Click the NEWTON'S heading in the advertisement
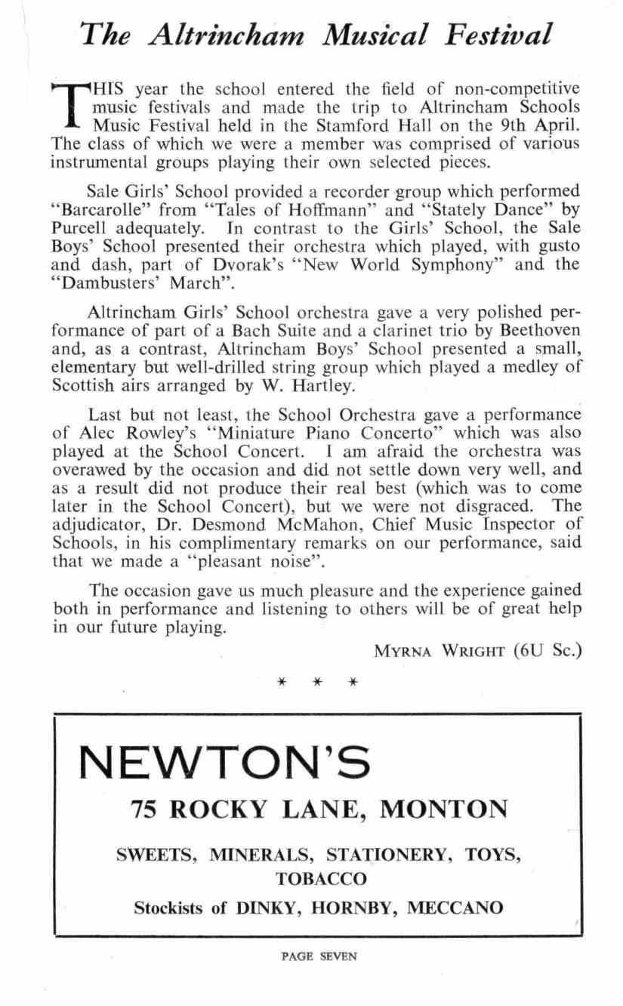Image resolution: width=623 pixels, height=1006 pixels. (x=225, y=761)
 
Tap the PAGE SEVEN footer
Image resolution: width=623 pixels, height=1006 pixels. (x=318, y=956)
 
